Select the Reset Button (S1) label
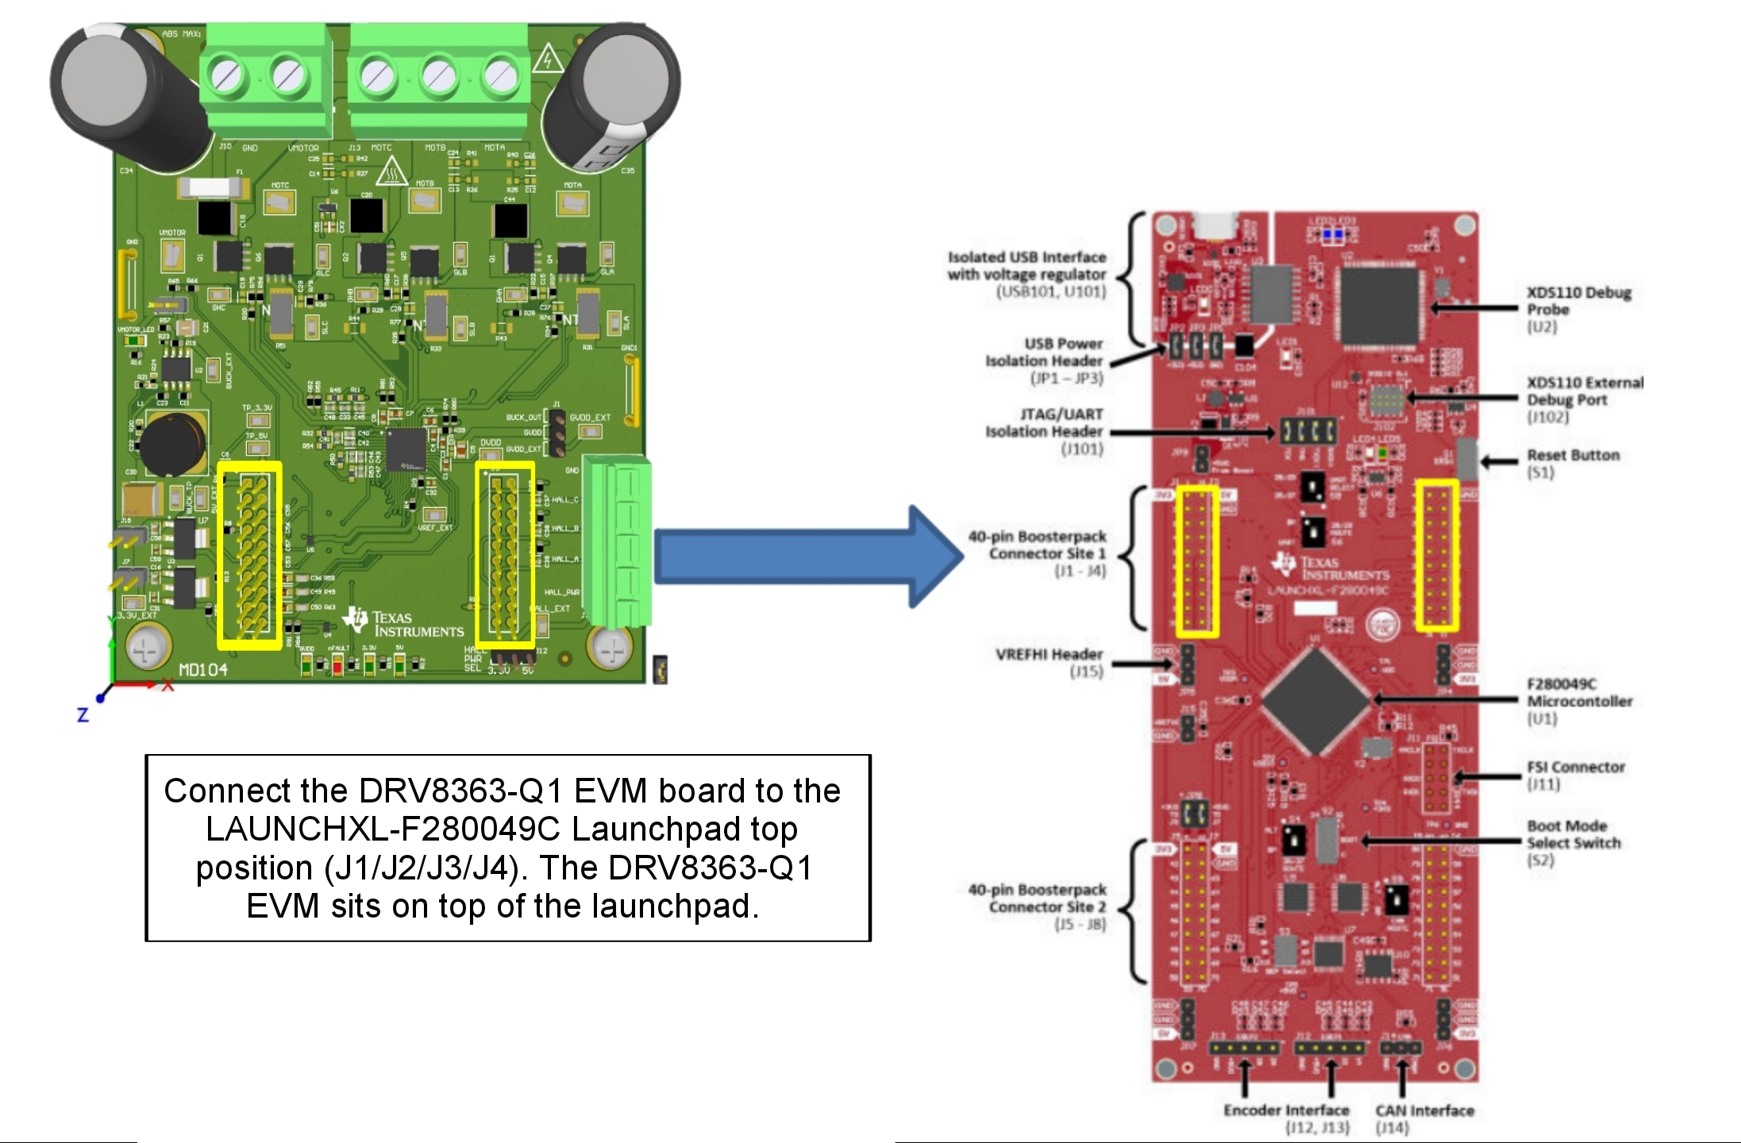[1572, 463]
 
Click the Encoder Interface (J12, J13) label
[1285, 1118]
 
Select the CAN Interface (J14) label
[1423, 1118]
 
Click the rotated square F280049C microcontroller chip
[1315, 700]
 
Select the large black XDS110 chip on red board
[1379, 306]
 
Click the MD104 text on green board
[202, 670]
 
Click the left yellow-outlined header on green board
[249, 555]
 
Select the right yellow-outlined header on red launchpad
[1437, 555]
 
